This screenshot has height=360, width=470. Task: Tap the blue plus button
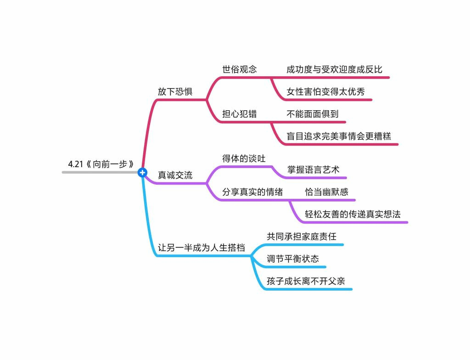coord(142,172)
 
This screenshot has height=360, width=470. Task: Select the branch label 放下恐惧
coord(175,91)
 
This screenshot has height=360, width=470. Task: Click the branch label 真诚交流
coord(175,175)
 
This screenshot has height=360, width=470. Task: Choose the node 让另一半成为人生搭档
coord(201,248)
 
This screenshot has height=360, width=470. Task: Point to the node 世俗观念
coord(239,69)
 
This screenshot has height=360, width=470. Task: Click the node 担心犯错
coord(239,114)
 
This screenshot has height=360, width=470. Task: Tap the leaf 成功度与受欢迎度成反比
coord(334,70)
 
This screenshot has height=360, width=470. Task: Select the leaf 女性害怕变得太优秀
coord(326,92)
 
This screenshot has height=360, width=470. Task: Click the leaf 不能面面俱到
coord(313,114)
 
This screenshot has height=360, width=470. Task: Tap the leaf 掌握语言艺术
coord(317,169)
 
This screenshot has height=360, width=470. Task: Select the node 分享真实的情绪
coord(252,192)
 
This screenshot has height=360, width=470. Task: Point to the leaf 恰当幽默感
coord(327,192)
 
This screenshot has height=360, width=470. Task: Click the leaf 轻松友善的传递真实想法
coord(352,214)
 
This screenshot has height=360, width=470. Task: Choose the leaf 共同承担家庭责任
coord(302,236)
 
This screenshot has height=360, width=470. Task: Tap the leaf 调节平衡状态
coord(293,259)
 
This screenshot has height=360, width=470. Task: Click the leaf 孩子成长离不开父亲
coord(306,281)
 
